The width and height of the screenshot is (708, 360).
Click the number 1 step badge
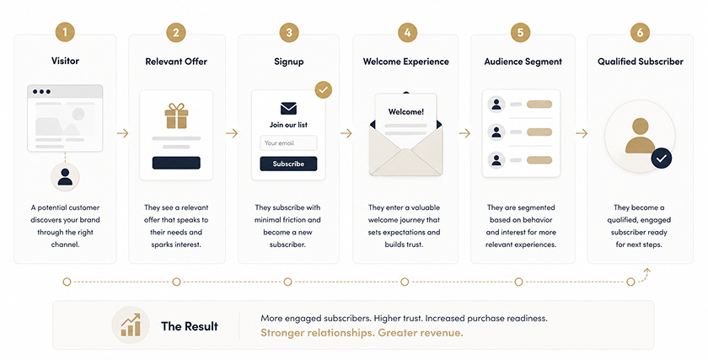pos(66,33)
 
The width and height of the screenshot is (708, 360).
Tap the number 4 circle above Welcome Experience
pos(407,33)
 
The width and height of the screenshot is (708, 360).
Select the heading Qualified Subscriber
pos(641,62)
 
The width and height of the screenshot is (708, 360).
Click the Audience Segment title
pos(523,62)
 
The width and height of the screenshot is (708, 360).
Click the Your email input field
pos(288,143)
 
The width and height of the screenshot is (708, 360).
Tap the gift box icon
pos(176,116)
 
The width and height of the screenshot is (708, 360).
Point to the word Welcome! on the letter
pos(406,111)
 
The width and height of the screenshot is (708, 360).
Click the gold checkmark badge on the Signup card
pos(324,89)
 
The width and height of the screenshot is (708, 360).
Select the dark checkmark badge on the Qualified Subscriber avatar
pos(662,159)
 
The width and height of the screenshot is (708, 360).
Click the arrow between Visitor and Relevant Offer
pos(122,133)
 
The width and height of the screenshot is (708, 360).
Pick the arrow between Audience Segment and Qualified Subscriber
pos(582,133)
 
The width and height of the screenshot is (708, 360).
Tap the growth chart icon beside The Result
pos(131,325)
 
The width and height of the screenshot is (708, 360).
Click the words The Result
pos(190,326)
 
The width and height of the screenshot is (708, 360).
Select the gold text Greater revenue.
pos(421,333)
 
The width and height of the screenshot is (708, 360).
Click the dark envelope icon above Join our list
pos(288,109)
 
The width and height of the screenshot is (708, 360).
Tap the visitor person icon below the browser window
pos(65,176)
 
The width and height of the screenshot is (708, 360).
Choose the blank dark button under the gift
pos(176,163)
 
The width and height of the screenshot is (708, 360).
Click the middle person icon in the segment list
pos(496,132)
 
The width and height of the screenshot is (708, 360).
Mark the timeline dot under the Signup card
pos(287,282)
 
